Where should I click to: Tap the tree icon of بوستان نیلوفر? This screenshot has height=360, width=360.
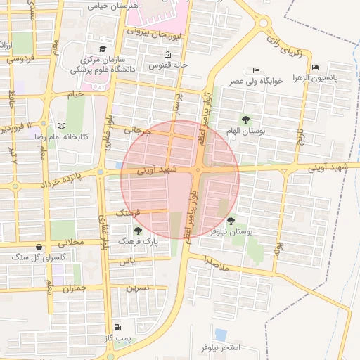[x=231, y=221]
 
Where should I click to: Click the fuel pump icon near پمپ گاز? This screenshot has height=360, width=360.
[x=117, y=327]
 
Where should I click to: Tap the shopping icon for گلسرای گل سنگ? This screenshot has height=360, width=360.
[x=38, y=247]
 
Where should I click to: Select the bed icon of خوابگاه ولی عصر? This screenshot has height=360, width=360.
[x=256, y=70]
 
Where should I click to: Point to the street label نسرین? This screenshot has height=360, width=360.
[x=137, y=288]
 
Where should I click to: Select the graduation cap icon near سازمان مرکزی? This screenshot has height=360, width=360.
[x=103, y=49]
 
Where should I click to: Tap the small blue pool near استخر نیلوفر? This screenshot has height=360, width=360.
[x=221, y=334]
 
